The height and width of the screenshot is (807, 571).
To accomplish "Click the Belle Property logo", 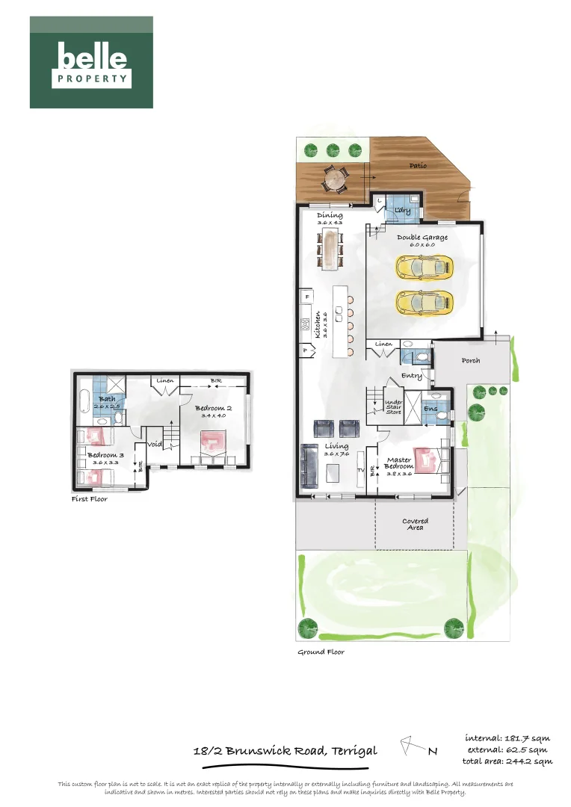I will click(x=91, y=63).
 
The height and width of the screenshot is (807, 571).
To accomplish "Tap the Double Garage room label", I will click(x=423, y=238).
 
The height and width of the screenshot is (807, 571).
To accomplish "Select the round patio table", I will click(x=336, y=179).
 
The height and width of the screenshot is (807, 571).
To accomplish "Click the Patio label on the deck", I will click(x=418, y=165).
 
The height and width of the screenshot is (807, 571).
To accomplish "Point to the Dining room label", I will click(x=330, y=215).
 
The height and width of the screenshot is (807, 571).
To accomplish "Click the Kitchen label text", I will click(x=318, y=325).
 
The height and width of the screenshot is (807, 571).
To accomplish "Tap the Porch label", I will click(x=471, y=360).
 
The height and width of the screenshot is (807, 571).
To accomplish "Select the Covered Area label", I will click(x=416, y=524).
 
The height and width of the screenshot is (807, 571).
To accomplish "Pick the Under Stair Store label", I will click(x=394, y=407).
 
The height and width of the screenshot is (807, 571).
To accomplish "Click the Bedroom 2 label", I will click(x=213, y=408).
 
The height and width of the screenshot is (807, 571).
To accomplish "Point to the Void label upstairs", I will click(x=155, y=444).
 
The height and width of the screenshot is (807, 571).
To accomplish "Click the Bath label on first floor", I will click(x=108, y=398).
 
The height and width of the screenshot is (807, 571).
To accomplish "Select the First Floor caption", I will click(x=90, y=498).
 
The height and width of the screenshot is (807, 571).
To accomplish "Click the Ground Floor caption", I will click(x=321, y=652).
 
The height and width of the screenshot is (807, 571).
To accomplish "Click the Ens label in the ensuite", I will click(x=430, y=409).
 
